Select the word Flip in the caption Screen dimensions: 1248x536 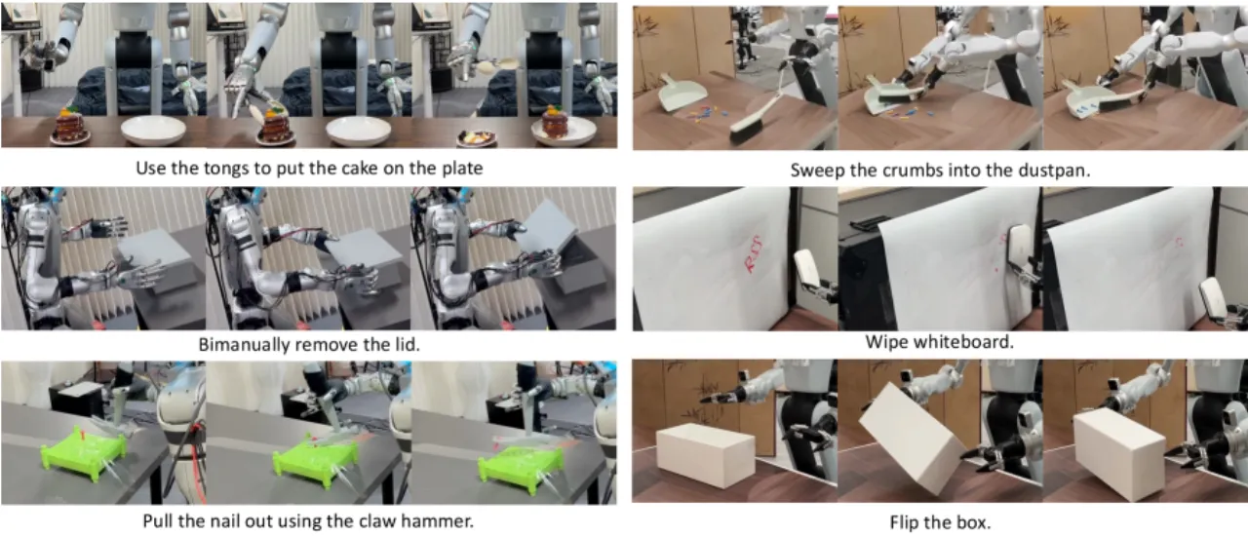click(902, 522)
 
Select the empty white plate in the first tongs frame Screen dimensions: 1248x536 click(154, 130)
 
